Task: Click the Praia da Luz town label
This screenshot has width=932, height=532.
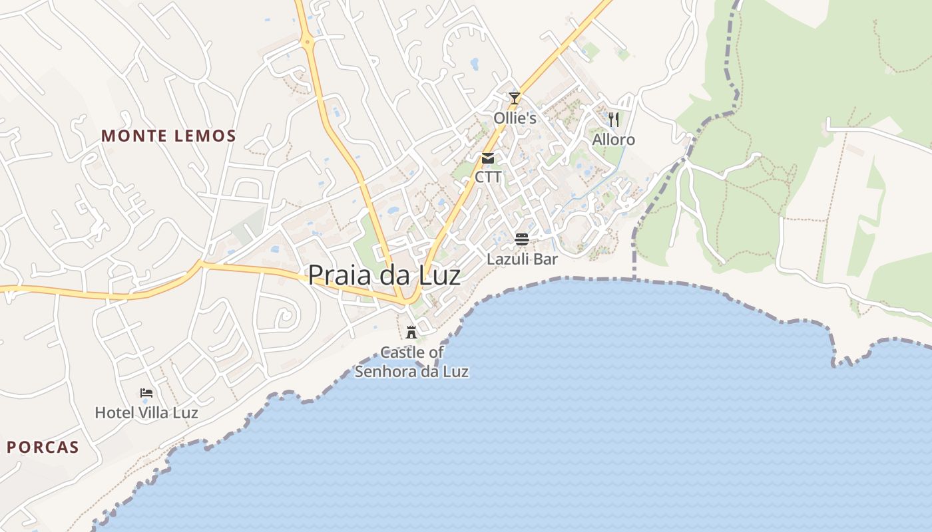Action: [x=384, y=275]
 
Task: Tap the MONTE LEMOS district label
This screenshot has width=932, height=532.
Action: [x=168, y=136]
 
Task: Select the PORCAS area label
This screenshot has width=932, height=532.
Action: [x=43, y=447]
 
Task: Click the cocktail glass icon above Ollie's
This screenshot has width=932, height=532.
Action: [x=514, y=98]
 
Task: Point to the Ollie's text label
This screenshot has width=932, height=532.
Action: [x=515, y=118]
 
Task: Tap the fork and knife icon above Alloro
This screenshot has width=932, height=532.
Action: [x=614, y=119]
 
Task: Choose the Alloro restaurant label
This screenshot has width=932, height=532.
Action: [x=614, y=140]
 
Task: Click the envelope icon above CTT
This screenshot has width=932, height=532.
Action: [x=488, y=158]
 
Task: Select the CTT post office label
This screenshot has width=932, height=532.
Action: [x=488, y=178]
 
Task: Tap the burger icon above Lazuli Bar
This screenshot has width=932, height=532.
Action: [x=522, y=239]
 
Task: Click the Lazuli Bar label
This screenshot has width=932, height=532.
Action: [x=522, y=259]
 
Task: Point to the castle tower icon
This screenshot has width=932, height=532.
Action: [x=411, y=332]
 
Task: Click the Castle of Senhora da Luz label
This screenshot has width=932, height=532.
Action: [x=411, y=362]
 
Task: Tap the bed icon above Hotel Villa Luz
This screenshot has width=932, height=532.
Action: [x=146, y=393]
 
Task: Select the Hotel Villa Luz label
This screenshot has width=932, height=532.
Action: [x=146, y=413]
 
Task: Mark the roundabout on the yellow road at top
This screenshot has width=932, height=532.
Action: [x=308, y=42]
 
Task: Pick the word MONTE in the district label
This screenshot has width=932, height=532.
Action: [x=130, y=136]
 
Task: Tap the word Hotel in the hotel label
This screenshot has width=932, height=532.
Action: [x=113, y=413]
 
